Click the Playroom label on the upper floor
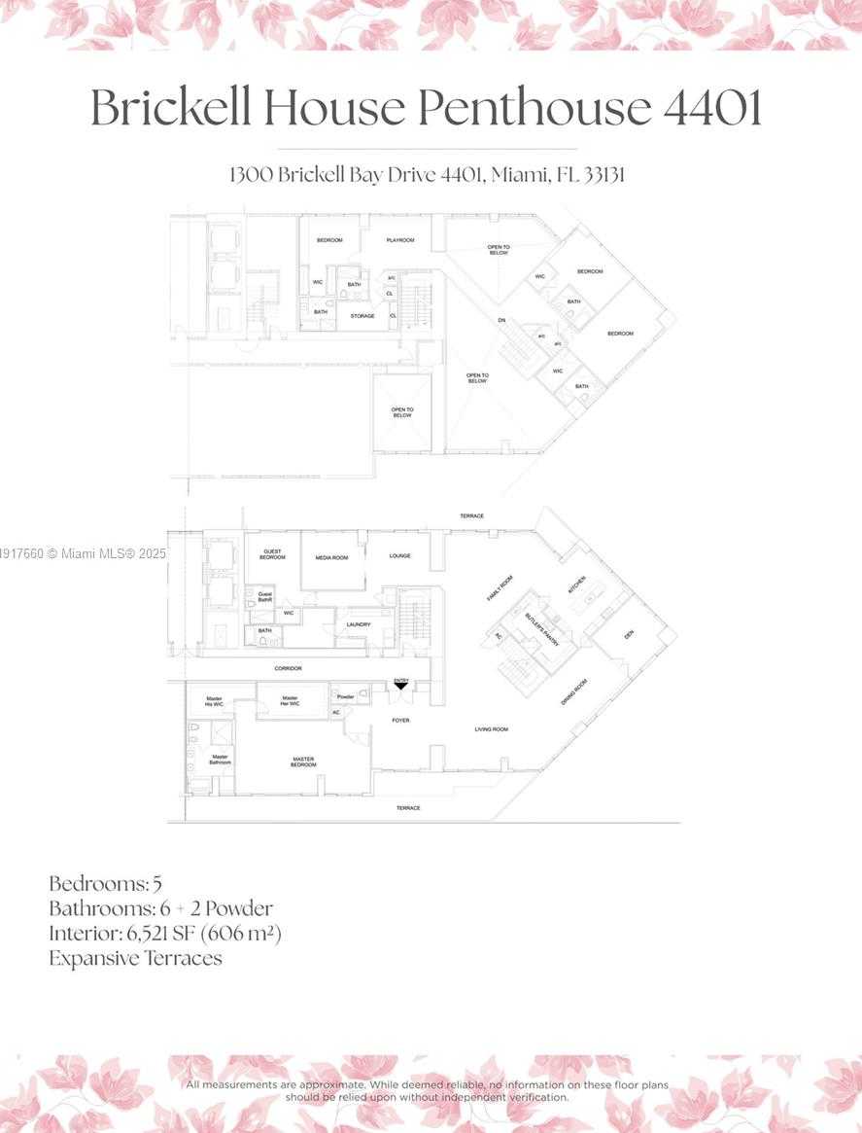(x=400, y=240)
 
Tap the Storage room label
(x=362, y=316)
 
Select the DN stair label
(x=501, y=320)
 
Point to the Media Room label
(x=331, y=557)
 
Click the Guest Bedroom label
(x=273, y=554)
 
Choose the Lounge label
(x=399, y=556)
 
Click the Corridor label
(x=288, y=668)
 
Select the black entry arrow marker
(x=400, y=687)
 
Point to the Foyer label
(x=400, y=721)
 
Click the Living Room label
(x=491, y=729)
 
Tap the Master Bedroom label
(x=304, y=761)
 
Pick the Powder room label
(x=345, y=697)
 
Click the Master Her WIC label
(x=290, y=699)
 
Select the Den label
(x=629, y=634)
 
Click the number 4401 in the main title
(x=711, y=109)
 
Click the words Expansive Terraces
(x=135, y=958)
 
